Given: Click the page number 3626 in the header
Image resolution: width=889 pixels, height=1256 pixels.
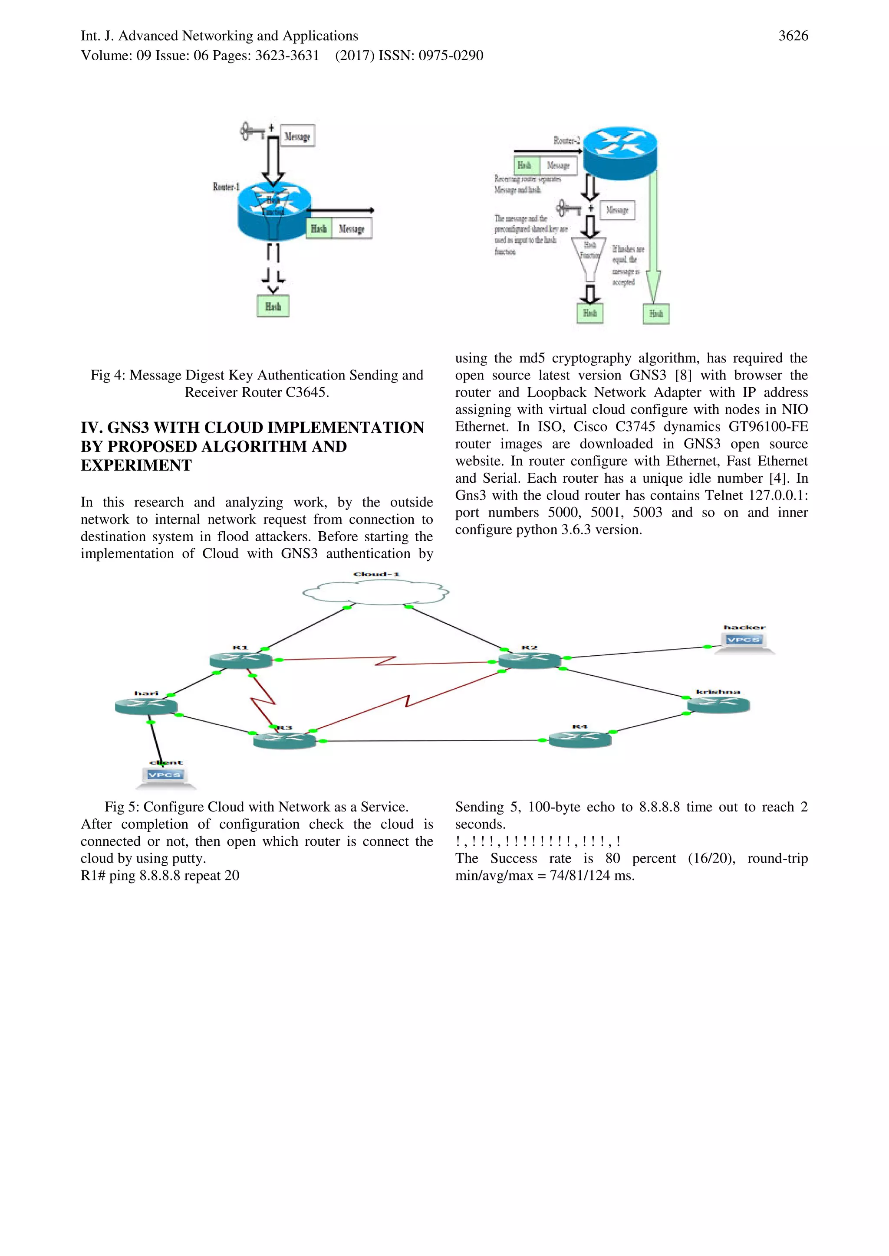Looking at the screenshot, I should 793,36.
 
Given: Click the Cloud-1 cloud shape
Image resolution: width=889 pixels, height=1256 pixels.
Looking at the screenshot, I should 375,592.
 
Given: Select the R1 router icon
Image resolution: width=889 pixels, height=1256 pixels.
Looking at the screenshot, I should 241,660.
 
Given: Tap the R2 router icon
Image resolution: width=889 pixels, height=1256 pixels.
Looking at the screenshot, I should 529,660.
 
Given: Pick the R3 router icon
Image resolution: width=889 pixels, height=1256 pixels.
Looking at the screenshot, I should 285,740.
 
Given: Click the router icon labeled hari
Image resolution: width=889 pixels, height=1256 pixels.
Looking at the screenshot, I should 146,706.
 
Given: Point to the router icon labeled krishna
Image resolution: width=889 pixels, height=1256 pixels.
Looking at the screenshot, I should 718,705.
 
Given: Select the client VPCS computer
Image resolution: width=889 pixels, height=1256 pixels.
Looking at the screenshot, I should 165,777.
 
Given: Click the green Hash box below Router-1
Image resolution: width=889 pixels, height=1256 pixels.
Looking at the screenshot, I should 273,306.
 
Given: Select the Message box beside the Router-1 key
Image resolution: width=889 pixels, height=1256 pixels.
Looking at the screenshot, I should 297,136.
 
